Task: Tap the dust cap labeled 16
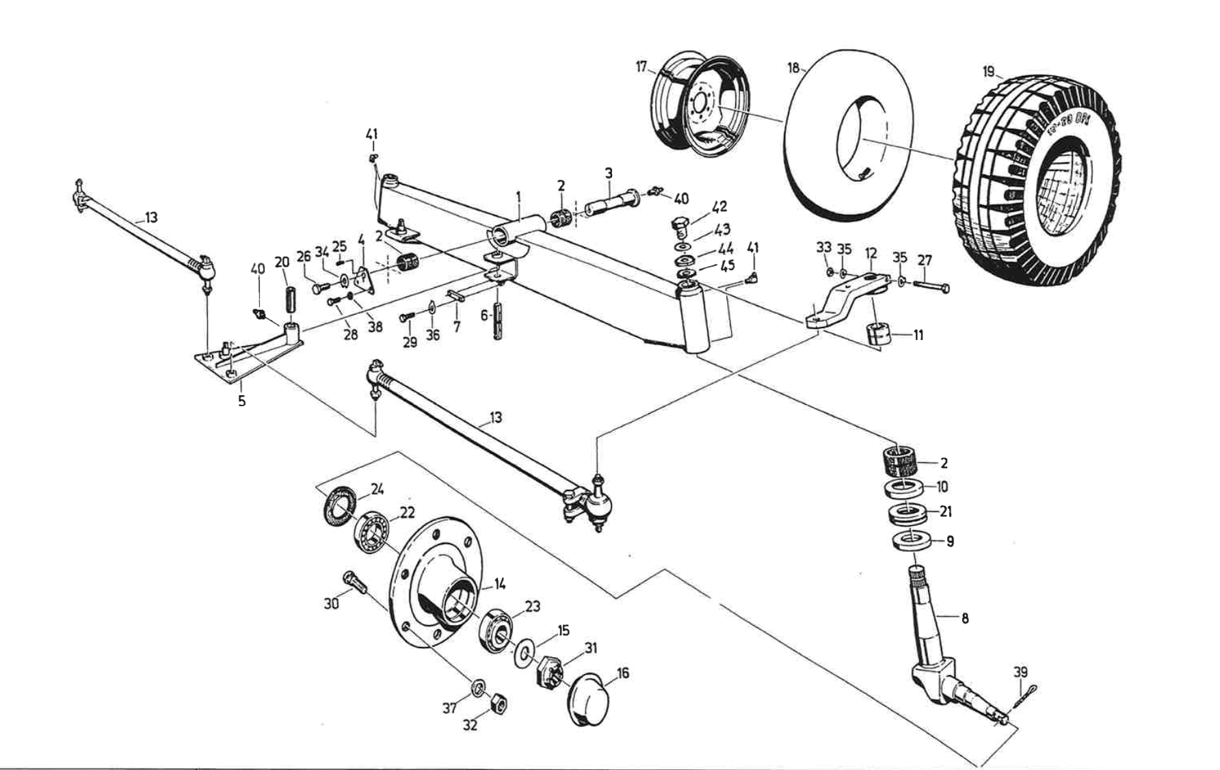pyautogui.click(x=587, y=700)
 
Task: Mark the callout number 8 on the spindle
pyautogui.click(x=965, y=619)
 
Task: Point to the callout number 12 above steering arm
pyautogui.click(x=871, y=254)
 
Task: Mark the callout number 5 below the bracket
pyautogui.click(x=241, y=401)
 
